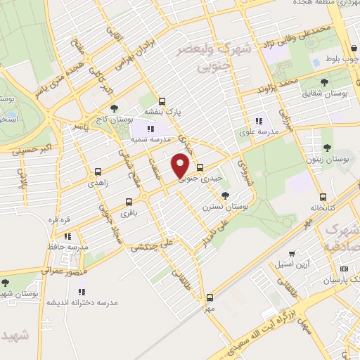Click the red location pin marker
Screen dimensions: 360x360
pyautogui.click(x=181, y=164)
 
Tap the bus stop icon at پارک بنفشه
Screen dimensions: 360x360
pyautogui.click(x=162, y=101)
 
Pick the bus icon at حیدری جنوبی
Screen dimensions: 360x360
pyautogui.click(x=200, y=167)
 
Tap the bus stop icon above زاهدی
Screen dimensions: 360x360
pyautogui.click(x=97, y=171)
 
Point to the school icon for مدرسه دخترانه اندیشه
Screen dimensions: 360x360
pyautogui.click(x=82, y=291)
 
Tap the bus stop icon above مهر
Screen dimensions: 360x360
pyautogui.click(x=210, y=297)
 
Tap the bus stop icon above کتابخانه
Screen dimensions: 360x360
pyautogui.click(x=323, y=197)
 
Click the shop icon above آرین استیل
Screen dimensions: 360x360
pyautogui.click(x=292, y=252)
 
